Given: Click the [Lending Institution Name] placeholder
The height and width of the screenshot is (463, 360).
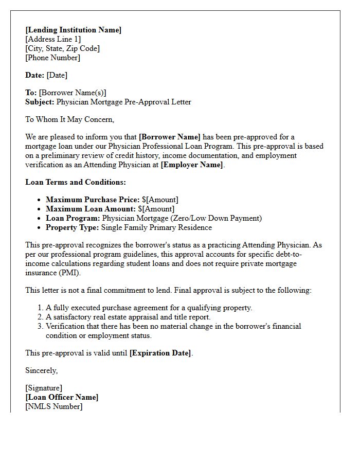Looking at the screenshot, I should [74, 30].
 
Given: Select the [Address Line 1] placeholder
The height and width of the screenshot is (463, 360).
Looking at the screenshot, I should [53, 39].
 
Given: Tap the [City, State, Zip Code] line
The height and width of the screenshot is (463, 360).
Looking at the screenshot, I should [62, 48].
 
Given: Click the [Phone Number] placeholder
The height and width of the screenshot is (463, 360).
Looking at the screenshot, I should [52, 58].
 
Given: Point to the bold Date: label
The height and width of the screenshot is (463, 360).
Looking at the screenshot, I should [35, 75].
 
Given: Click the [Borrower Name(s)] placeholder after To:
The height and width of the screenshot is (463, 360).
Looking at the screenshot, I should [73, 93].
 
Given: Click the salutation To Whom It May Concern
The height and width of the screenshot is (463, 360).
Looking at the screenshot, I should [70, 119].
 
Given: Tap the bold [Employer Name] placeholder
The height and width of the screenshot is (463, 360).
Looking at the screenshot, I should [192, 165].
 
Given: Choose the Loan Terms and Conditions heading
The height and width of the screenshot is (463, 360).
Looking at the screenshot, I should [76, 182].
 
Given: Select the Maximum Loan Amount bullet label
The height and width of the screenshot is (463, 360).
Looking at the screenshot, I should [91, 209].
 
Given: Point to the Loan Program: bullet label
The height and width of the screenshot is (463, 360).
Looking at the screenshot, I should [73, 218].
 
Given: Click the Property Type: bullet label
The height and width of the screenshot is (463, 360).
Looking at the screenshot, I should [73, 227].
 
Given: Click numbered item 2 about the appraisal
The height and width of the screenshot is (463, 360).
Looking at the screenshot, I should [128, 317].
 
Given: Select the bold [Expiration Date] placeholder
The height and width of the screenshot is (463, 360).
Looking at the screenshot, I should [160, 353].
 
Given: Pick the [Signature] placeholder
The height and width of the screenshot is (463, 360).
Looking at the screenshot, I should [44, 388].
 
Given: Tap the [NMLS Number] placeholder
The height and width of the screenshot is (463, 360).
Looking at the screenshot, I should [53, 406].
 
